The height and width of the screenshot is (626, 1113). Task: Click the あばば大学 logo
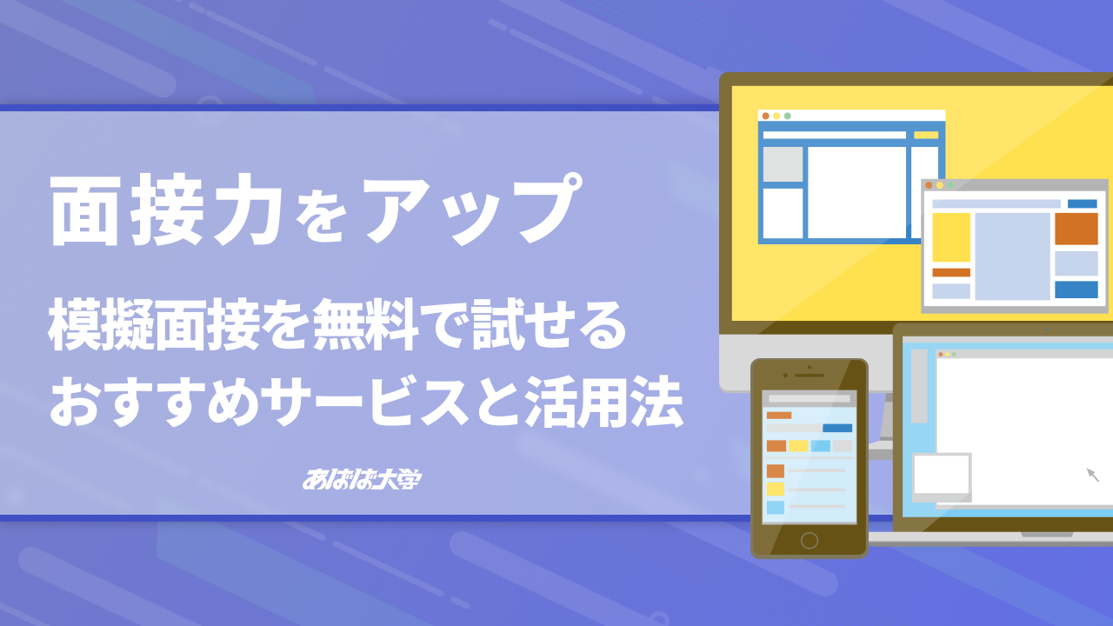coord(362,479)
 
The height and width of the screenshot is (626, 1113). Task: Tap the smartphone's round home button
coord(810,540)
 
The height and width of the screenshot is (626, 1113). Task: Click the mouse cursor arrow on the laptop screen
coord(1093,475)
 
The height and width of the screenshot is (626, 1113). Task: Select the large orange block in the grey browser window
coord(1076,229)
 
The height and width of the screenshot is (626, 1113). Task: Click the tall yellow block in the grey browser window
coord(951,237)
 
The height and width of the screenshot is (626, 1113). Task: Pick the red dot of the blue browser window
coord(766,116)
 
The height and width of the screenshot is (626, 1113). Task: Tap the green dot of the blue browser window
coord(788,116)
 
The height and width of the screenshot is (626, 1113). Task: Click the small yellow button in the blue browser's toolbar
coord(926,135)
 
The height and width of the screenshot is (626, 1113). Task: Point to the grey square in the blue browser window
coord(783,164)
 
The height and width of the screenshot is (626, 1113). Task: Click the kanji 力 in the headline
coord(246,210)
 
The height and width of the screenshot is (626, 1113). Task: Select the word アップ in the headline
coord(472,209)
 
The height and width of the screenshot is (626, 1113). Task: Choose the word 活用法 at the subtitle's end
coord(604,402)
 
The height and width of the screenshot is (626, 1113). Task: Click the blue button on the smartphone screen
coord(837,429)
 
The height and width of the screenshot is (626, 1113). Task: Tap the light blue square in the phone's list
coord(775,507)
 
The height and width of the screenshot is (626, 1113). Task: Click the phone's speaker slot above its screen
coord(810,376)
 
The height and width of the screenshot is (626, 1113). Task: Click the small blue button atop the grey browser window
coord(1083,203)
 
